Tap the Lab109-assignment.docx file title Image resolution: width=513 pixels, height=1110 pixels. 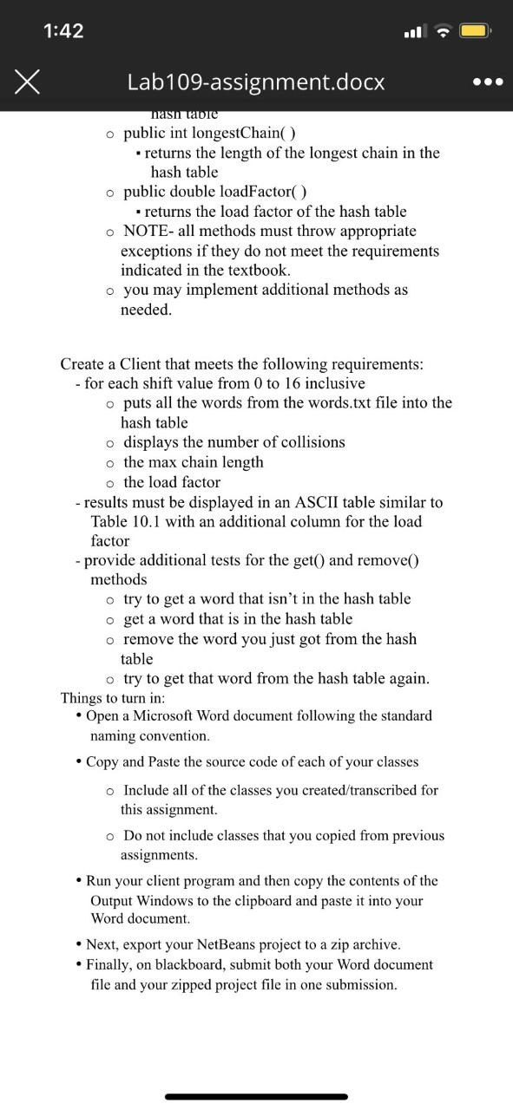pyautogui.click(x=255, y=82)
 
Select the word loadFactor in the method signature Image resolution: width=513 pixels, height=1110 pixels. pyautogui.click(x=256, y=192)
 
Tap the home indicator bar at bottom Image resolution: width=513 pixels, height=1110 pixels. pyautogui.click(x=256, y=1096)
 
